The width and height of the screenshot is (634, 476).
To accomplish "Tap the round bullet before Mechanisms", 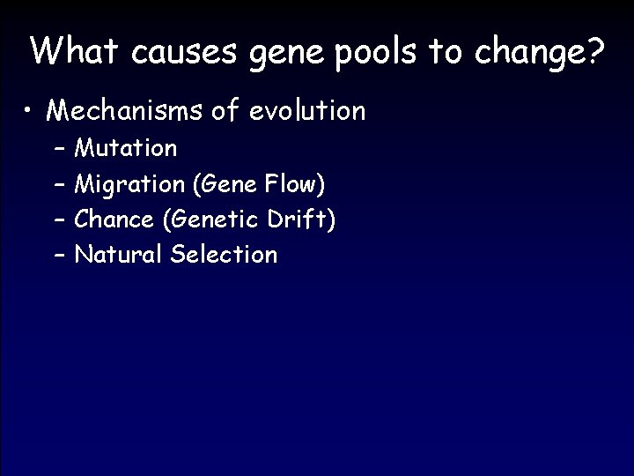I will (32, 112).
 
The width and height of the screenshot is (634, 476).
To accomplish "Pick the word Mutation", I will (126, 148).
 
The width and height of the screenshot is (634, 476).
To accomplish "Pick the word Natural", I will (118, 255).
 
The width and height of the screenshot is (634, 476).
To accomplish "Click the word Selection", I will (224, 255).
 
